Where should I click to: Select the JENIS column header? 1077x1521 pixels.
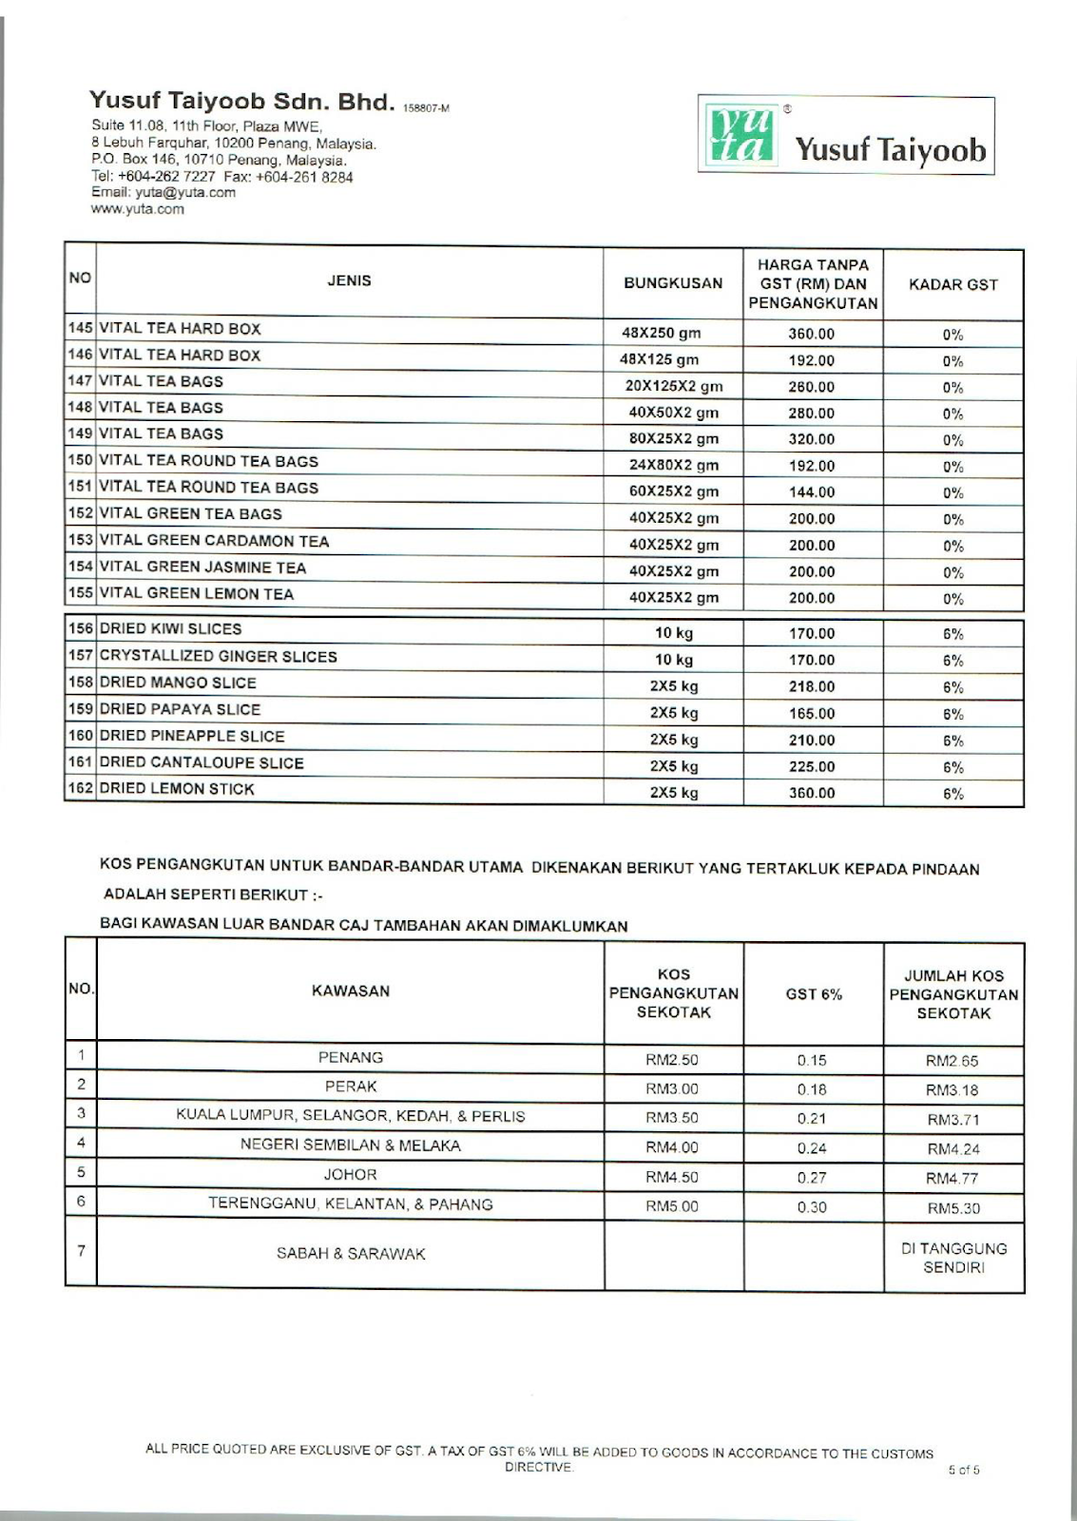[349, 280]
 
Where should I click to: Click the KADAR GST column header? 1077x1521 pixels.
[953, 284]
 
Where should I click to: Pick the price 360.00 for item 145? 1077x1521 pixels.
[812, 335]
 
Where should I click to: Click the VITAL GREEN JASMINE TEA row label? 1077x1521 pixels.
[202, 568]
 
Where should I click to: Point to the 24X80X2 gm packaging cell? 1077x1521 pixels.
[673, 466]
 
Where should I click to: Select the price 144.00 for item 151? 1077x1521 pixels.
[812, 492]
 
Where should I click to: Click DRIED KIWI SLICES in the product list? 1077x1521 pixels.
[170, 629]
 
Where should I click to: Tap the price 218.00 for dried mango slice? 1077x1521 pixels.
[812, 686]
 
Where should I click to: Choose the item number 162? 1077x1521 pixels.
[81, 788]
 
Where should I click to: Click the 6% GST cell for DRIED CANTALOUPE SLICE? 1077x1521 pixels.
[953, 767]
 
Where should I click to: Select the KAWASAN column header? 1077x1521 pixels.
[351, 991]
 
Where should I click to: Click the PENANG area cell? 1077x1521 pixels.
[351, 1057]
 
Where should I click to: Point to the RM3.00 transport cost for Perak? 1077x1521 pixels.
[672, 1089]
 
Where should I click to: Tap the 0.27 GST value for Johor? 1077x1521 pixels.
[812, 1178]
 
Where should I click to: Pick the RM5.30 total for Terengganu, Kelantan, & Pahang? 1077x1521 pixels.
[953, 1208]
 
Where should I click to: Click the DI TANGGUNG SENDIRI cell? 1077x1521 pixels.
[953, 1258]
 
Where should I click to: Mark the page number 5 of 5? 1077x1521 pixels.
[964, 1470]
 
